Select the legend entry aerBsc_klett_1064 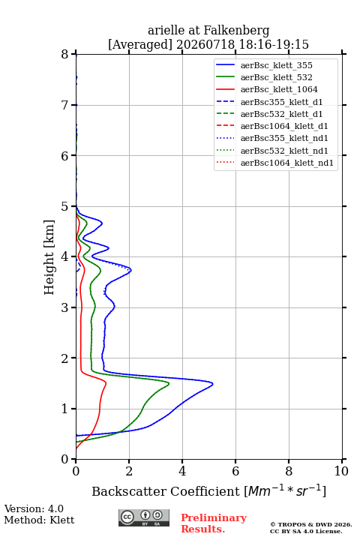tap(267, 89)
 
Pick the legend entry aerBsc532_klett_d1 tap(269, 114)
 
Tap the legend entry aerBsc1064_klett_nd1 tap(274, 163)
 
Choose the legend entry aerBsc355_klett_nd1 tap(271, 138)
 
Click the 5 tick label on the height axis tap(64, 206)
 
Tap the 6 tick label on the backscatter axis tap(235, 471)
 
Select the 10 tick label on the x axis tap(341, 471)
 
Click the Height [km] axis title tap(49, 257)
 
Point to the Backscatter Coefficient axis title tap(208, 490)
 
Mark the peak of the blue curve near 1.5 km tap(213, 384)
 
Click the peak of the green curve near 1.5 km tap(169, 383)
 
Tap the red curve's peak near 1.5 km tap(106, 383)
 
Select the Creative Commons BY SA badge tap(144, 517)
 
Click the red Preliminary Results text tap(214, 523)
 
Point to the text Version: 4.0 tap(34, 508)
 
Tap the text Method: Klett tap(39, 520)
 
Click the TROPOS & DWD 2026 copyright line tap(311, 524)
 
